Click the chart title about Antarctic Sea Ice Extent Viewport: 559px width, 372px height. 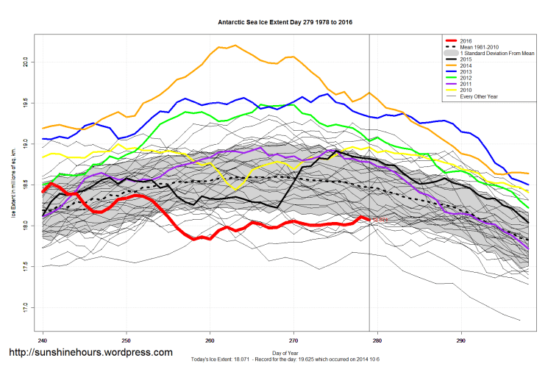pyautogui.click(x=285, y=22)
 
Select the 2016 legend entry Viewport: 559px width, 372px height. pyautogui.click(x=466, y=40)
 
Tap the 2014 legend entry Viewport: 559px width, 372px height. pyautogui.click(x=466, y=65)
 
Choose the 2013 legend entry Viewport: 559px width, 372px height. pyautogui.click(x=466, y=71)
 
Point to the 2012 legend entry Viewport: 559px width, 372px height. pyautogui.click(x=466, y=77)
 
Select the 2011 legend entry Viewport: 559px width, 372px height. pyautogui.click(x=466, y=83)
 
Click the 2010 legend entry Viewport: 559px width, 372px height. pyautogui.click(x=466, y=89)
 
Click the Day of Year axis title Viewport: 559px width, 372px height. pyautogui.click(x=285, y=354)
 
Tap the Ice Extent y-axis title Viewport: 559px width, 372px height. pyautogui.click(x=13, y=184)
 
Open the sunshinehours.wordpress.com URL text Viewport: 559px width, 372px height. pyautogui.click(x=90, y=353)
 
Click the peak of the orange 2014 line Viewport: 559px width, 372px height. pyautogui.click(x=235, y=46)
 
